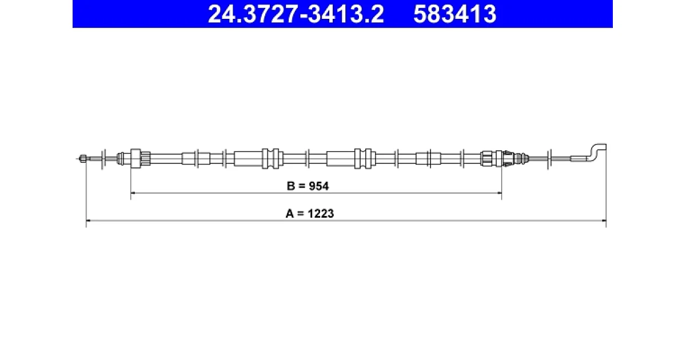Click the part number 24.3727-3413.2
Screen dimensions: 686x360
click(296, 14)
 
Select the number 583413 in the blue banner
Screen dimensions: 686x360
click(455, 14)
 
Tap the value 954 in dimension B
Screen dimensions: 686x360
click(319, 186)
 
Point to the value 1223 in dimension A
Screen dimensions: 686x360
click(321, 213)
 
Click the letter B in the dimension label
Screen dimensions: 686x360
click(290, 186)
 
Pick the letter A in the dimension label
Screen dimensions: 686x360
click(290, 213)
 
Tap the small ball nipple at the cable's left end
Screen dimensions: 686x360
click(83, 159)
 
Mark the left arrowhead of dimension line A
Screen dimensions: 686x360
click(88, 221)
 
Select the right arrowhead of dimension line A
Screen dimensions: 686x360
click(604, 221)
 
